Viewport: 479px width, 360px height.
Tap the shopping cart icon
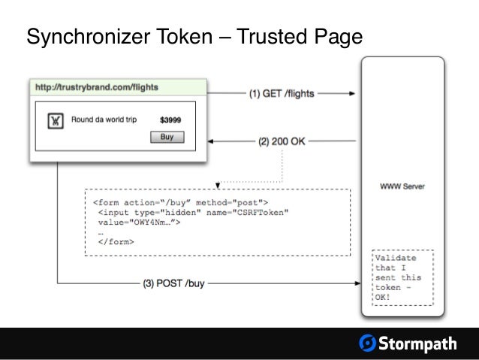(55, 120)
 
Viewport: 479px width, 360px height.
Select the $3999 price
(170, 119)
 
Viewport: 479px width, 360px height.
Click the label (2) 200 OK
(282, 140)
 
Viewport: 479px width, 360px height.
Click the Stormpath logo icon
(368, 343)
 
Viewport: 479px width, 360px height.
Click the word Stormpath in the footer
(417, 343)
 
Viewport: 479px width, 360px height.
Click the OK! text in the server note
(384, 297)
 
